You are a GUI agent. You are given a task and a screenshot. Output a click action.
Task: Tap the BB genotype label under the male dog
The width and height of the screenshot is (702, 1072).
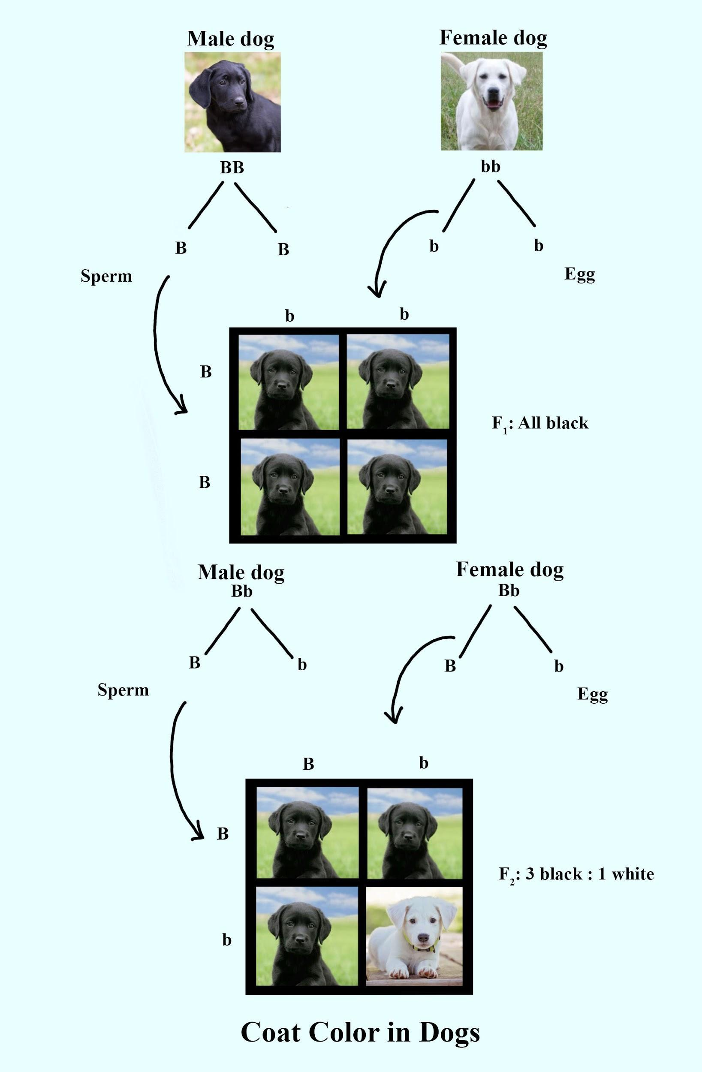pyautogui.click(x=232, y=168)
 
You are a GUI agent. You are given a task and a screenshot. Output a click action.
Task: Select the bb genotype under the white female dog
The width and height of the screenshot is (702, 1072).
pyautogui.click(x=491, y=167)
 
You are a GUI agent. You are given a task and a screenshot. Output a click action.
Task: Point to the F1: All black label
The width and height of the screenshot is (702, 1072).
pyautogui.click(x=540, y=423)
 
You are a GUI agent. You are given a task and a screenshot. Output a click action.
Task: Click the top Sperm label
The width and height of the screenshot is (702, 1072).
pyautogui.click(x=106, y=276)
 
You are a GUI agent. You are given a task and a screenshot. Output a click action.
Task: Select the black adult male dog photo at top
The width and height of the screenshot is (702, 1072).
pyautogui.click(x=232, y=102)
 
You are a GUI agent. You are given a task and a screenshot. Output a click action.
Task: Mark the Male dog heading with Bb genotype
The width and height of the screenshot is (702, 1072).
pyautogui.click(x=241, y=572)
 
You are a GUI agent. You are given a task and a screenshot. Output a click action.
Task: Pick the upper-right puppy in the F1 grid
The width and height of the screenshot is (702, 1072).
pyautogui.click(x=398, y=382)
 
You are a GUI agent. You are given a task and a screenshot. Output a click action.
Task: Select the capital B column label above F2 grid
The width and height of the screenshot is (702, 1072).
pyautogui.click(x=308, y=764)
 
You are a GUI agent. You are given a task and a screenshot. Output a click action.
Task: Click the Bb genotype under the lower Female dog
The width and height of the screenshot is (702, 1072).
pyautogui.click(x=509, y=590)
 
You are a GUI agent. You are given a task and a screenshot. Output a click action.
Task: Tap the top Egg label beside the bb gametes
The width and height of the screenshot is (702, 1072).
pyautogui.click(x=579, y=274)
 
